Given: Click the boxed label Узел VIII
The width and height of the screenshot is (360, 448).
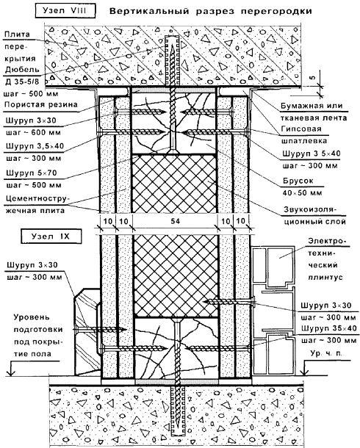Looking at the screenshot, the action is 65,11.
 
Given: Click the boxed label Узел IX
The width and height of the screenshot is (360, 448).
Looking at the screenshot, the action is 51,236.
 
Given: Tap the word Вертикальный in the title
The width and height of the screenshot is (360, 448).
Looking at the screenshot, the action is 149,12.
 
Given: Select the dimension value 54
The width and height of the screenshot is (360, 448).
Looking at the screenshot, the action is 175,221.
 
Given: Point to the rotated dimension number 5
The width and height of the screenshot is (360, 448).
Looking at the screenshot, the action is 312,77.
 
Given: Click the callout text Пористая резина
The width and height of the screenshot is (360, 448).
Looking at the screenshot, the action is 41,104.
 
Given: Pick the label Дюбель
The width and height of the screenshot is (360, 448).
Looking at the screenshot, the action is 22,70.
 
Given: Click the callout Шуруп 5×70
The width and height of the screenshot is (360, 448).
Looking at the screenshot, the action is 32,173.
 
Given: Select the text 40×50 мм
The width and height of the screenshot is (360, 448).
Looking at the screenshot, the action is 302,193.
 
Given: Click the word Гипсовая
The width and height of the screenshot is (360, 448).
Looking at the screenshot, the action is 301,129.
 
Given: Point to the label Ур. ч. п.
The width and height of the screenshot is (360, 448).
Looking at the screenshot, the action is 326,353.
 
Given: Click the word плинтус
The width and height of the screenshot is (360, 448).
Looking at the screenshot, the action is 325,277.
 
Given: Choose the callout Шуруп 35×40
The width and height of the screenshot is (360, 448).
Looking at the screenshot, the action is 328,328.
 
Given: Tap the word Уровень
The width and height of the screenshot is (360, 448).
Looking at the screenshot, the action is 32,317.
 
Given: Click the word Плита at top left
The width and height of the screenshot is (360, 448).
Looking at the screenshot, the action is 17,35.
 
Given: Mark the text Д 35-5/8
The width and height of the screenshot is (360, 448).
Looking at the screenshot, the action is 22,82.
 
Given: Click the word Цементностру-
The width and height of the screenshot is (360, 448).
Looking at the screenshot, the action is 35,198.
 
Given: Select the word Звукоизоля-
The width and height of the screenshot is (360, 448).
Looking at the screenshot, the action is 310,209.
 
